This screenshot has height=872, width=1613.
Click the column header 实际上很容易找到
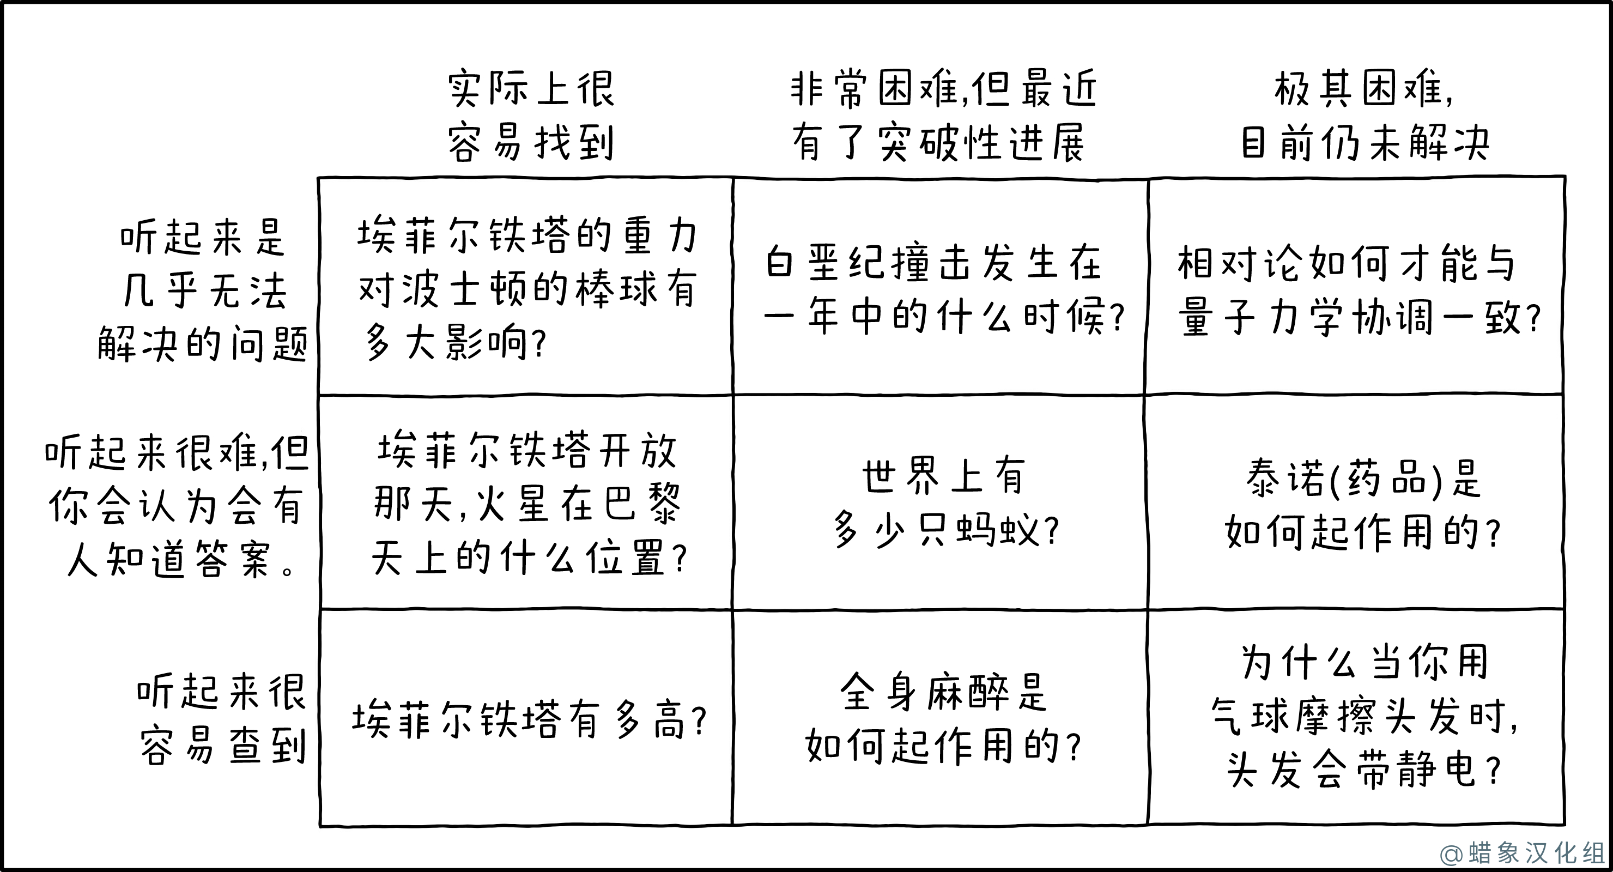(531, 116)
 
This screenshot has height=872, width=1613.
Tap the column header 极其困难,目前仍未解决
(1365, 116)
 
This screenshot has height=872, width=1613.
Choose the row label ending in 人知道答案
(177, 506)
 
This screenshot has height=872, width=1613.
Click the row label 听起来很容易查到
(222, 719)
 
